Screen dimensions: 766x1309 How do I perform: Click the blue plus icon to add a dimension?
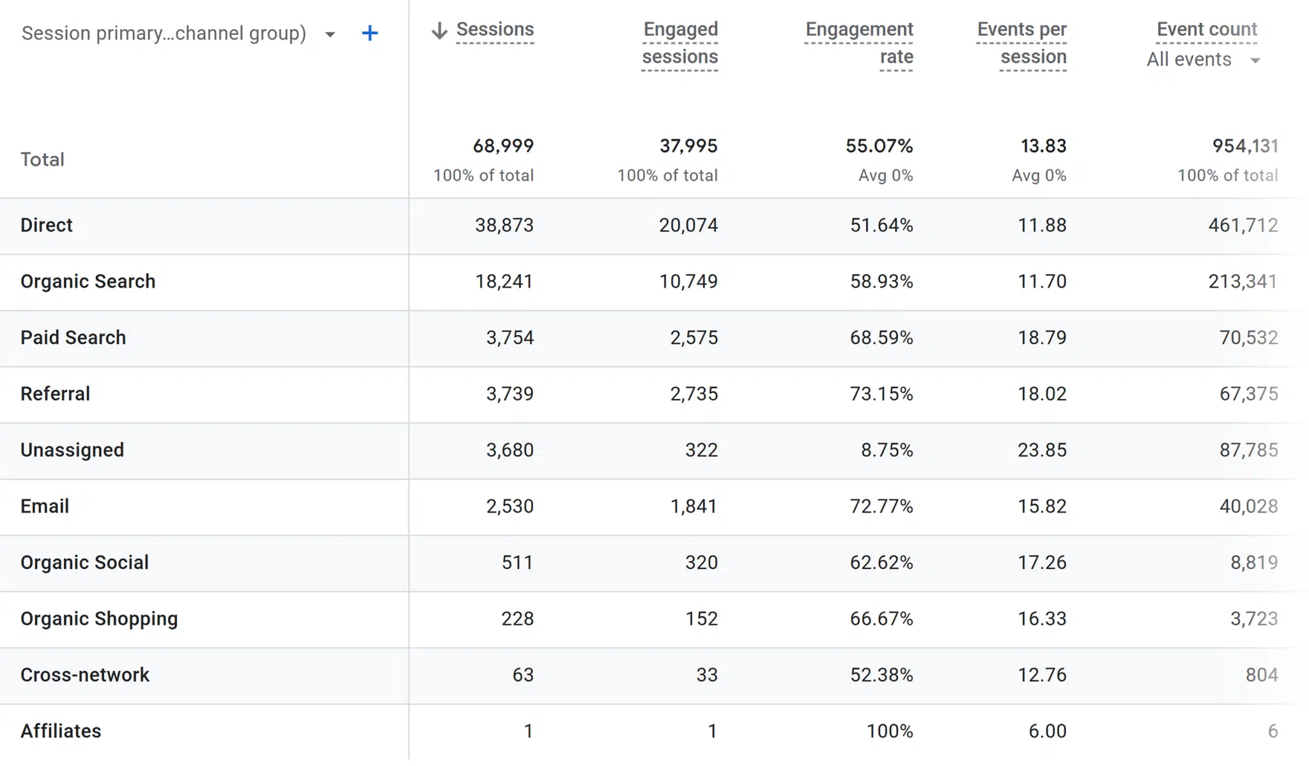[369, 33]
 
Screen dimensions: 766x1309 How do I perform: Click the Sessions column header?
[495, 29]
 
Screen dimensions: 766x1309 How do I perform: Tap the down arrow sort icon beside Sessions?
[439, 30]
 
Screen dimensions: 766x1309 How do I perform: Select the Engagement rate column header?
[859, 43]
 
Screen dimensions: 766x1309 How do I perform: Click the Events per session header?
[1021, 43]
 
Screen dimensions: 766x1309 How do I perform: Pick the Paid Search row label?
[73, 338]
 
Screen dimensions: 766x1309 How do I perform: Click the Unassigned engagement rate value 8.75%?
[887, 450]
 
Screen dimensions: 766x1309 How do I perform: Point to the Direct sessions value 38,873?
[504, 225]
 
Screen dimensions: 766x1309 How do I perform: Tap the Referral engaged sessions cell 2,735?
[693, 394]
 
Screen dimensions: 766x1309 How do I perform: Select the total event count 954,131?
[1244, 146]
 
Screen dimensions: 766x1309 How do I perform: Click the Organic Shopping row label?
[99, 619]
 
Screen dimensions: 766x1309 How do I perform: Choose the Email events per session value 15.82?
[1042, 506]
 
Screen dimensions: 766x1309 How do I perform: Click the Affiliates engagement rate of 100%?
[889, 731]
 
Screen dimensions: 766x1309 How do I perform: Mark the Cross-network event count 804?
[1261, 675]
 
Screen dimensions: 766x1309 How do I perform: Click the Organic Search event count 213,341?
[1242, 281]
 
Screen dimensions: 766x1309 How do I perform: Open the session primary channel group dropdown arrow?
[330, 35]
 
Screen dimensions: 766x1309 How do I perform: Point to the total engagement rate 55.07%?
[879, 146]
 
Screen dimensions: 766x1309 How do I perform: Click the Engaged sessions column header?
[680, 43]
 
